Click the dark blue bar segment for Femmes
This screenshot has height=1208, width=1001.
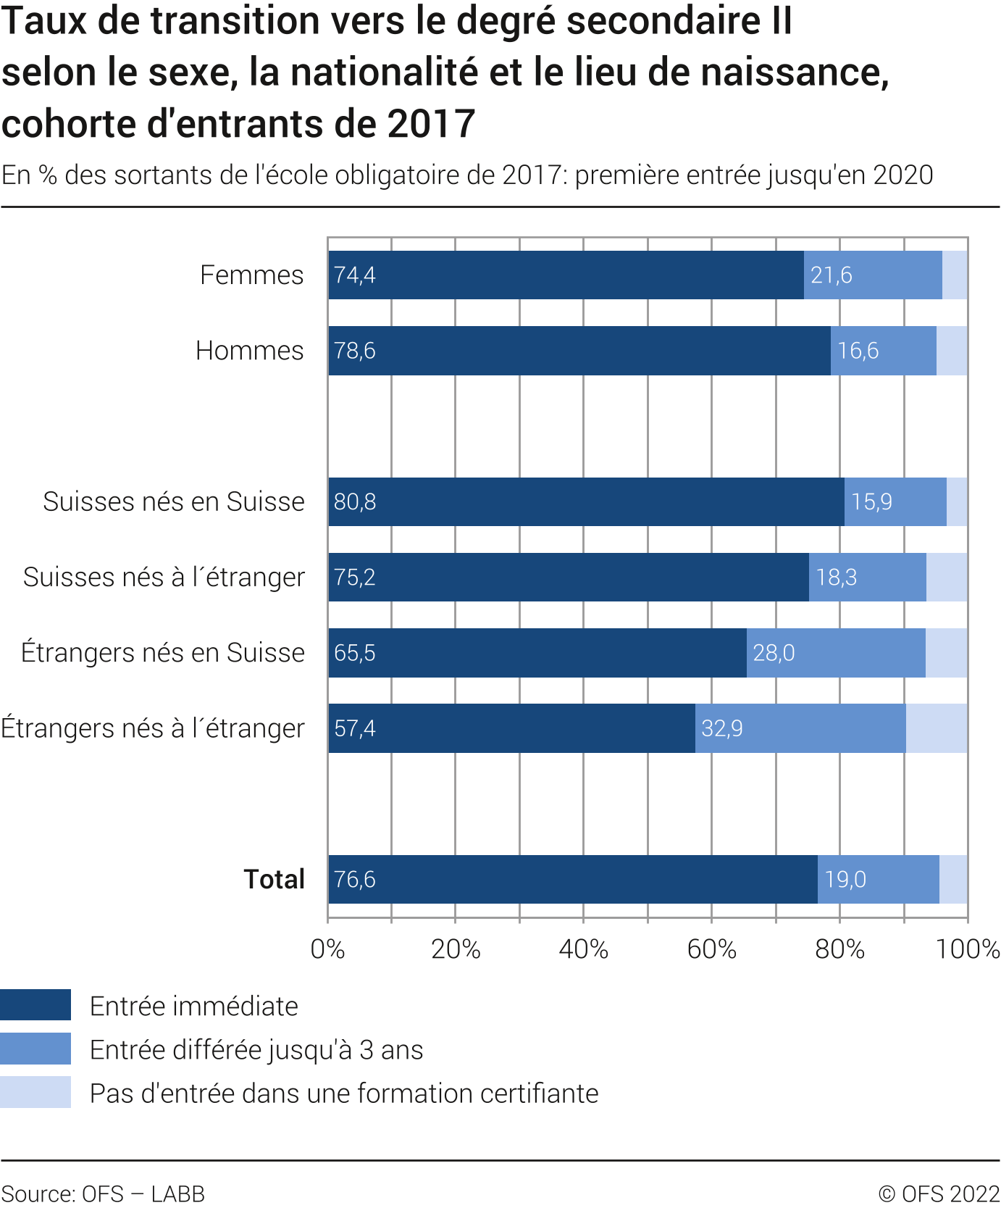click(565, 275)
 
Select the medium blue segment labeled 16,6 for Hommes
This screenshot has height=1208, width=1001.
click(883, 351)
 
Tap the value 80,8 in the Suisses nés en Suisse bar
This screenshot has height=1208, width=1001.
click(355, 502)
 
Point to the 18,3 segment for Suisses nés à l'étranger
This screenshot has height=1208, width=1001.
click(867, 578)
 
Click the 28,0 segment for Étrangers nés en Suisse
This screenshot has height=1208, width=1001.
click(836, 653)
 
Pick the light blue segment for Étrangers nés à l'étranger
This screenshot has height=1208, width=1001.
click(936, 728)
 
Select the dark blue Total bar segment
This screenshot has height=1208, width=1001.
click(572, 880)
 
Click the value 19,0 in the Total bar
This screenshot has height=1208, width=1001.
click(845, 880)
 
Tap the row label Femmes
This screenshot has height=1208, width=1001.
click(251, 275)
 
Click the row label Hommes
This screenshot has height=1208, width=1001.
click(249, 351)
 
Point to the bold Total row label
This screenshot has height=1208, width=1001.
click(274, 880)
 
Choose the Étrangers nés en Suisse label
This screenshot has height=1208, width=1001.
click(163, 653)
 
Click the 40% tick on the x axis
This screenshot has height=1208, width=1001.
click(584, 949)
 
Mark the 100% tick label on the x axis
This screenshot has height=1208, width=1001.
click(968, 949)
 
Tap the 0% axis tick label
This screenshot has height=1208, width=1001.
click(327, 949)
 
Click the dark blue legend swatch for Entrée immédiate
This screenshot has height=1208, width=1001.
click(35, 1005)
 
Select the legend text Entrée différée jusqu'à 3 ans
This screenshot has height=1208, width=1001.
click(256, 1050)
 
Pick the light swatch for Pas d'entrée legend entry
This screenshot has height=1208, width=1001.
click(35, 1092)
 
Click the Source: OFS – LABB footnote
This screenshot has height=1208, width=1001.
click(103, 1194)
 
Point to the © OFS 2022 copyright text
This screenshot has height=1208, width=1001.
click(939, 1194)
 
